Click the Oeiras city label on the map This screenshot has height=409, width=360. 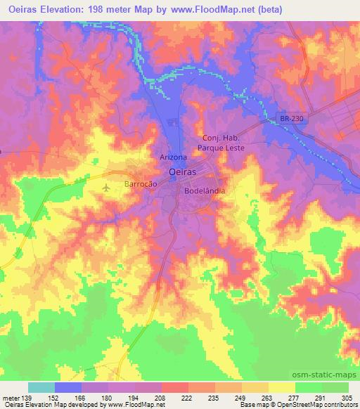click(183, 171)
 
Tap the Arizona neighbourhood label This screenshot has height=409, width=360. click(173, 157)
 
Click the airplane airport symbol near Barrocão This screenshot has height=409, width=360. click(106, 188)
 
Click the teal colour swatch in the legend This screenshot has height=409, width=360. click(41, 387)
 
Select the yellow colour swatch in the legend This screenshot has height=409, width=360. click(282, 387)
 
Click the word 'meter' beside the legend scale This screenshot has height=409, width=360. click(10, 397)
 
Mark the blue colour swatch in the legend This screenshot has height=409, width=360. click(68, 387)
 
